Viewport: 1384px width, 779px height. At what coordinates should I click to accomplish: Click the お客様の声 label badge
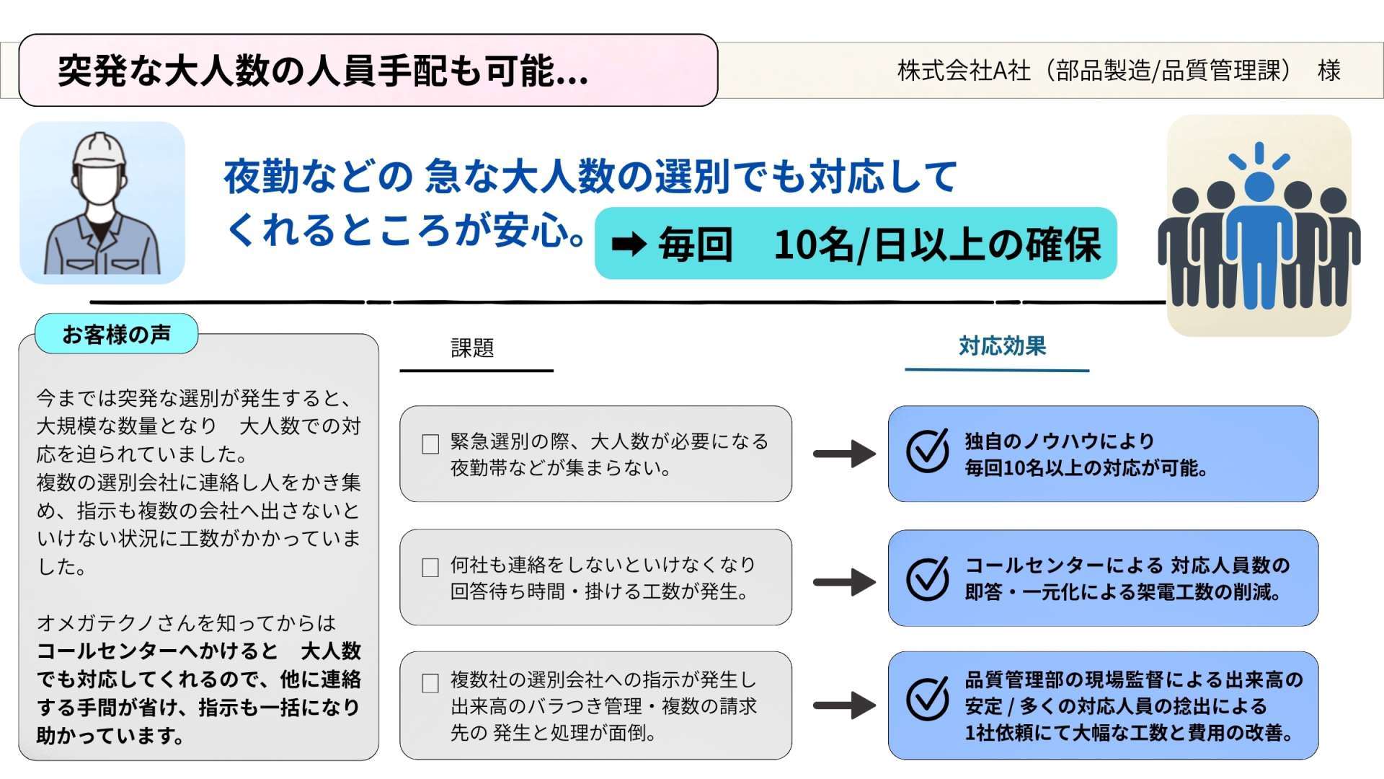point(116,334)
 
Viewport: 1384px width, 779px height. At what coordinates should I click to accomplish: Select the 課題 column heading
point(473,348)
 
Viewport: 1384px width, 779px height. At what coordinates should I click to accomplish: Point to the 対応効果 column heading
point(1002,346)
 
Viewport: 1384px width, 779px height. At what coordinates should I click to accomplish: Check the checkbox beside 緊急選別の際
point(430,444)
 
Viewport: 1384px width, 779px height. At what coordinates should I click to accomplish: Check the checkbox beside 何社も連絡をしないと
point(430,568)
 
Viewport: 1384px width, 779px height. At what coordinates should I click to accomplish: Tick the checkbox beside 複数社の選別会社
point(430,683)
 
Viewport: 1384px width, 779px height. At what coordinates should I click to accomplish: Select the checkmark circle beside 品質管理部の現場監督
point(928,699)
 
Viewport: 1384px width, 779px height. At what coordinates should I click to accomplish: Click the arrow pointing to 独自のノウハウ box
point(844,454)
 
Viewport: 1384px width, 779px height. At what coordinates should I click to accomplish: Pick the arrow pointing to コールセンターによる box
point(844,581)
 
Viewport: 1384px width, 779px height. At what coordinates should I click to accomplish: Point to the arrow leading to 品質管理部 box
point(844,705)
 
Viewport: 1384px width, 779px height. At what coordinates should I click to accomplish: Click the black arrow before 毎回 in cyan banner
point(629,245)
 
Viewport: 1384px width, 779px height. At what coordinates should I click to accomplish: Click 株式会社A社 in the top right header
point(964,71)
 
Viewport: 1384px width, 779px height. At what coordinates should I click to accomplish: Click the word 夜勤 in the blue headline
point(257,177)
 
